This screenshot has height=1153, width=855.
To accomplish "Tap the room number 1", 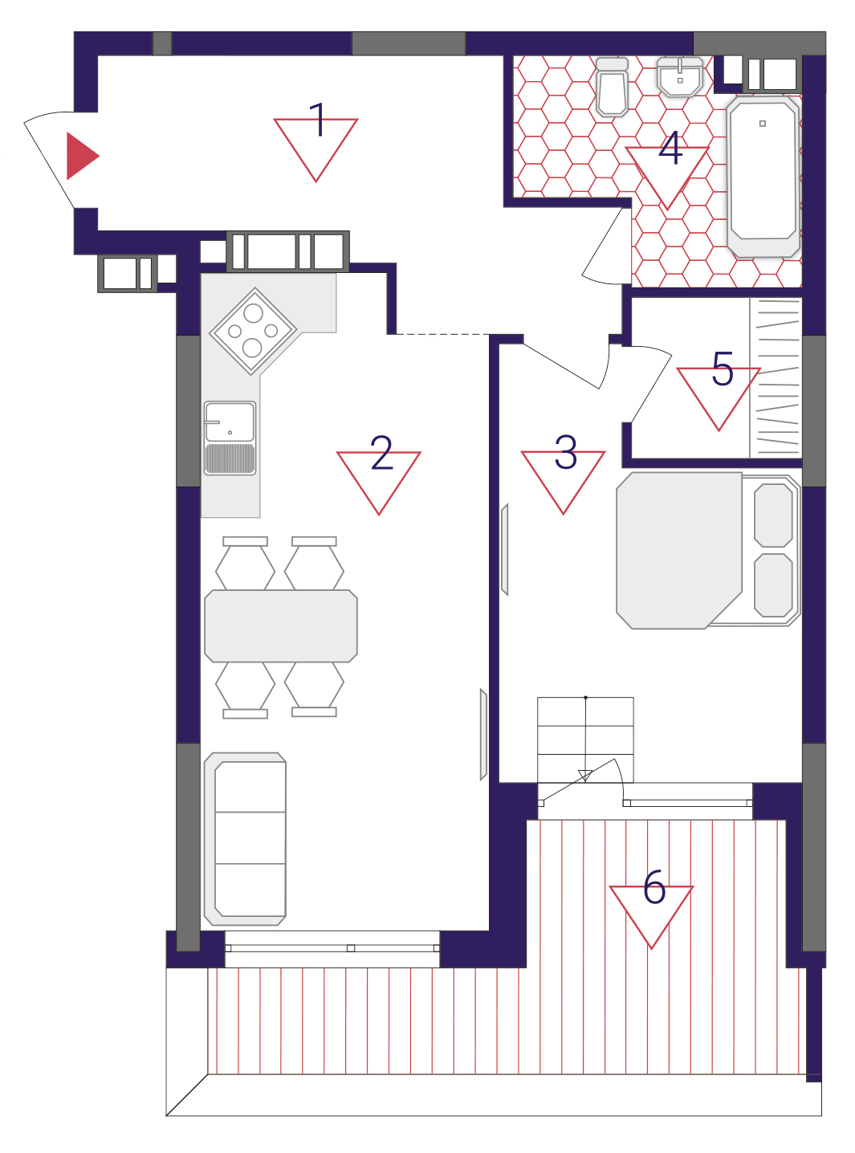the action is click(x=318, y=120).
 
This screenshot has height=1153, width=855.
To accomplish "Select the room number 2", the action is click(x=381, y=452).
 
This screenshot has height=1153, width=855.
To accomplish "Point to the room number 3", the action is click(x=565, y=452).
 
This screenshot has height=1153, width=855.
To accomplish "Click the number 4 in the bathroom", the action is click(x=670, y=149).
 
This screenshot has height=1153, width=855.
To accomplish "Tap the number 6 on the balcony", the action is click(x=653, y=886).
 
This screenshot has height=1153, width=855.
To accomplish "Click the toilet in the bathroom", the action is click(x=612, y=87).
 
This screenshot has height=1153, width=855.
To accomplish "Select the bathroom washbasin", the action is click(x=679, y=76).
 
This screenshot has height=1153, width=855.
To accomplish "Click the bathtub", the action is click(x=763, y=177).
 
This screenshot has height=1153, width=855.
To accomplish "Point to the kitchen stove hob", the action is click(x=253, y=331).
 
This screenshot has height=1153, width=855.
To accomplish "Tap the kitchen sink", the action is click(x=230, y=438).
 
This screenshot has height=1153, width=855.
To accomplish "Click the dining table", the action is click(x=281, y=626).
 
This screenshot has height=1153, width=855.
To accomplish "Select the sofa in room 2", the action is click(x=245, y=839).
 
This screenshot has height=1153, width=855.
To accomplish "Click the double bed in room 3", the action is click(x=708, y=551).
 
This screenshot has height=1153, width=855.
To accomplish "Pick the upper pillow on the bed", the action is click(x=773, y=515).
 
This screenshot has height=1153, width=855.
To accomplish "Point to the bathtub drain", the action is click(x=763, y=124).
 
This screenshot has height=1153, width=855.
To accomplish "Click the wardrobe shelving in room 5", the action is click(x=776, y=378).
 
